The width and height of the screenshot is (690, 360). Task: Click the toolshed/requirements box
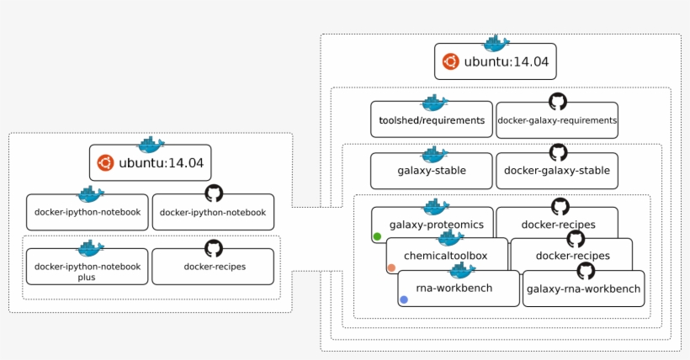(x=432, y=121)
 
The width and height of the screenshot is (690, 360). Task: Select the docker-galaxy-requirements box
(x=557, y=121)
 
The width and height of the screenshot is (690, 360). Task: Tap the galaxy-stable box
(x=432, y=171)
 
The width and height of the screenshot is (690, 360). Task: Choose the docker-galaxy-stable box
(x=557, y=171)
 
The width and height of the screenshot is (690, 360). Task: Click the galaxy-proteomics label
(x=436, y=225)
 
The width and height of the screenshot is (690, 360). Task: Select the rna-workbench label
(x=454, y=288)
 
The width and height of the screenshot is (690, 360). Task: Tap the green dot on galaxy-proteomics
(x=378, y=237)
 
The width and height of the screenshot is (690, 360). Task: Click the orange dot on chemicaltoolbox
(x=391, y=268)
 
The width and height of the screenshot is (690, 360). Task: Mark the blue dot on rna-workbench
(x=404, y=299)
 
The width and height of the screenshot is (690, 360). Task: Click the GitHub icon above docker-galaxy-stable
(x=557, y=152)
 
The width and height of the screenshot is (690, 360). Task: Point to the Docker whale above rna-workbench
(x=462, y=270)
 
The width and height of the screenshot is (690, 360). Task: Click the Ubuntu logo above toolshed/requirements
(x=451, y=61)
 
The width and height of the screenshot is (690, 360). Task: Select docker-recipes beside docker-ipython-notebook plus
(x=214, y=267)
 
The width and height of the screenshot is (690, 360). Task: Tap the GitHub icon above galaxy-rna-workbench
(x=586, y=271)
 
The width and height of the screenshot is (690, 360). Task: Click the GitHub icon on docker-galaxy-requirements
(x=557, y=102)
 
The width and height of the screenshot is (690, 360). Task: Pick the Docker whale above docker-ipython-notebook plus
(x=90, y=248)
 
